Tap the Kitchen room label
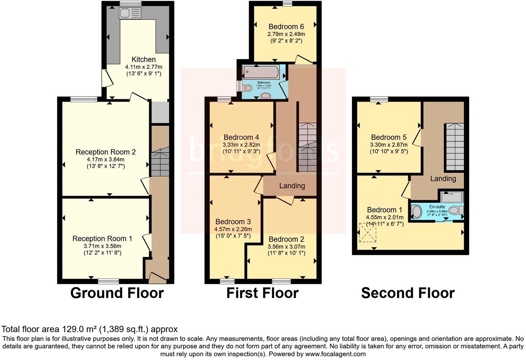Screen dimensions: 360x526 144,60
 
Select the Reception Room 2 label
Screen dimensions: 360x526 106,152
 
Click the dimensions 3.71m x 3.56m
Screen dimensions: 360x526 102,246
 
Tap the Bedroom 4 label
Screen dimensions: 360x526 241,137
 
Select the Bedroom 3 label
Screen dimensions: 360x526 233,222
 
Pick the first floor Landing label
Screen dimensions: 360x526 292,186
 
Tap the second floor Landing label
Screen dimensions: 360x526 443,179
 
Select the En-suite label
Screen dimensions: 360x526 437,207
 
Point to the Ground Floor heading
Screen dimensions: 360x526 117,293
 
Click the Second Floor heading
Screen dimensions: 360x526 408,293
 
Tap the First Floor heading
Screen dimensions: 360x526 262,293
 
